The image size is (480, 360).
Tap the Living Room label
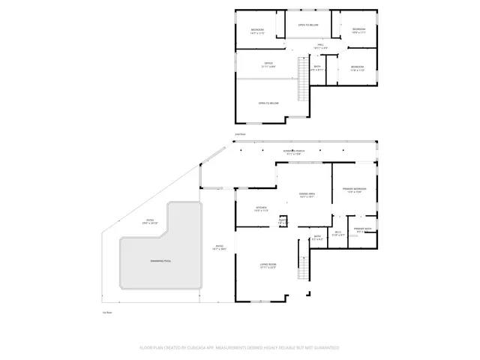tap(268, 265)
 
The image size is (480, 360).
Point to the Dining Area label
tap(307, 195)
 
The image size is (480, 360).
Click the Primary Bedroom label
tap(354, 190)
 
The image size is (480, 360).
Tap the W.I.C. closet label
tap(338, 233)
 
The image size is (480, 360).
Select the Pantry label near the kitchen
tap(283, 222)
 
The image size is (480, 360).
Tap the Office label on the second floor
tap(268, 64)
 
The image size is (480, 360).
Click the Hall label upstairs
tap(320, 46)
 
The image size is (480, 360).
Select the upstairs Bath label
tap(318, 67)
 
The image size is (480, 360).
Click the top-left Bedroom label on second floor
tap(257, 31)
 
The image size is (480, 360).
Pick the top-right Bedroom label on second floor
tap(358, 31)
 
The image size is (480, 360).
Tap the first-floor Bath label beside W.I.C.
tap(318, 237)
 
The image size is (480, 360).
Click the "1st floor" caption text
tap(107, 312)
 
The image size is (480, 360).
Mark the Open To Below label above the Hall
tap(308, 25)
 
